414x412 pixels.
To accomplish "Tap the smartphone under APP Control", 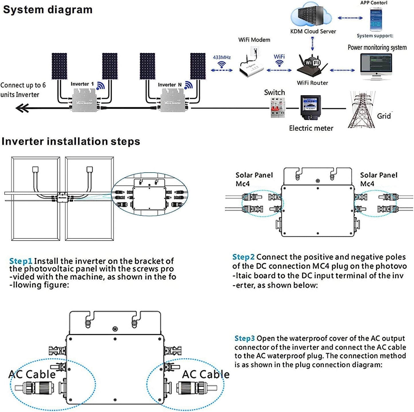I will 376,19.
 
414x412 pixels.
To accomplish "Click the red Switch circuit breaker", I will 278,108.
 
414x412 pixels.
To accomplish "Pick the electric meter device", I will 311,108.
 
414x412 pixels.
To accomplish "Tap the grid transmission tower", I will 362,110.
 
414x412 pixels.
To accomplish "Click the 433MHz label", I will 222,57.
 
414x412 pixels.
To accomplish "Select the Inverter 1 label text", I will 82,84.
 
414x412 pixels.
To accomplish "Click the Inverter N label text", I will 170,85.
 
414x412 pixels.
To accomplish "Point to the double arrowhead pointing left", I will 22,108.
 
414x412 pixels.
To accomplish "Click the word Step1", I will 21,261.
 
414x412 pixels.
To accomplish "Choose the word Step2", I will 243,257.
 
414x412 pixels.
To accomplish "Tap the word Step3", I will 244,338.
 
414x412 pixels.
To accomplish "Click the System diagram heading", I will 48,10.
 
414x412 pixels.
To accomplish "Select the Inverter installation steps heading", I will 71,141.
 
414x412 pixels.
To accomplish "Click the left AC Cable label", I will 32,374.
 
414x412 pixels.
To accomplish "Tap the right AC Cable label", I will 206,374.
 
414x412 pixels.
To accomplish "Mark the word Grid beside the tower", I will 384,116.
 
